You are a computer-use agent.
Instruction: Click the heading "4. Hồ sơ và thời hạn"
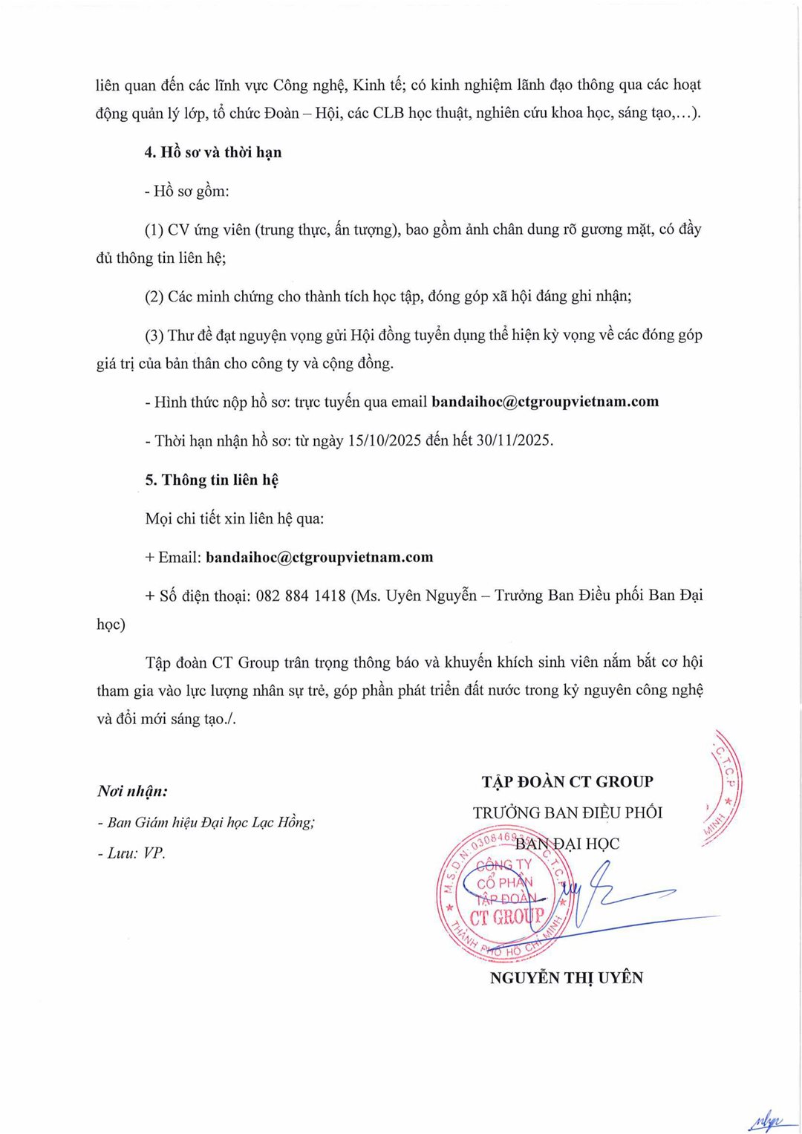coord(213,152)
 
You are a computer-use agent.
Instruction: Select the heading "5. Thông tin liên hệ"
coord(212,480)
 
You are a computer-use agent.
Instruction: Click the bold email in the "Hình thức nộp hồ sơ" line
coord(545,402)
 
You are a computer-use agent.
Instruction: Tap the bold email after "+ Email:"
coord(319,557)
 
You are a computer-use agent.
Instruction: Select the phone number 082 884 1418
coord(301,596)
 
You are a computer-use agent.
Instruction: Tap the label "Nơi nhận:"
coord(133,791)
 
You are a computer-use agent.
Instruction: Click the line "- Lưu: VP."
coord(131,853)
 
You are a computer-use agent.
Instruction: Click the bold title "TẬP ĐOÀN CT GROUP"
coord(567,782)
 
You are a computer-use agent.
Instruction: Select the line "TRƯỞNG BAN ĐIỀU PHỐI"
coord(567,812)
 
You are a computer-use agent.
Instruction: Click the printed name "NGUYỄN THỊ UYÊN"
coord(567,978)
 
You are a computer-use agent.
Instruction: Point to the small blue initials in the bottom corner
coord(765,1119)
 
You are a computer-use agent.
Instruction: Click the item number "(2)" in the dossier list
coord(154,296)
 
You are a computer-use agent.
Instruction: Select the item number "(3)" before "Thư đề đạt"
coord(154,335)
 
